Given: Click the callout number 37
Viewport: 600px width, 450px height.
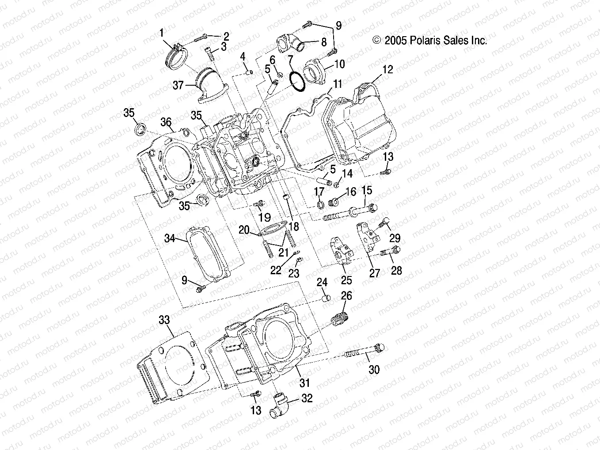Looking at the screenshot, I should coord(178,85).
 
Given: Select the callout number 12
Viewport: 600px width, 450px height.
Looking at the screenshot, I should coord(387,70).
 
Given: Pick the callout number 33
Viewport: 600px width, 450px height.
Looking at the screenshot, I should coord(164,320).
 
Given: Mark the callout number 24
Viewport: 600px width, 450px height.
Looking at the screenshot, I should coord(322,282).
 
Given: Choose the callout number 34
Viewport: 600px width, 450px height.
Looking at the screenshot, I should coord(170,238).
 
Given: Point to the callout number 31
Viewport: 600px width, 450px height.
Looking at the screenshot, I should coord(305,383).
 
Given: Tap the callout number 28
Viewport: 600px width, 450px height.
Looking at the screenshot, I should coord(396,270).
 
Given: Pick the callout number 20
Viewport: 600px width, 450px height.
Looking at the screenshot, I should coord(244,230).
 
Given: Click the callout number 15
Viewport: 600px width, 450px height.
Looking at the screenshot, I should coord(367,191).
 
